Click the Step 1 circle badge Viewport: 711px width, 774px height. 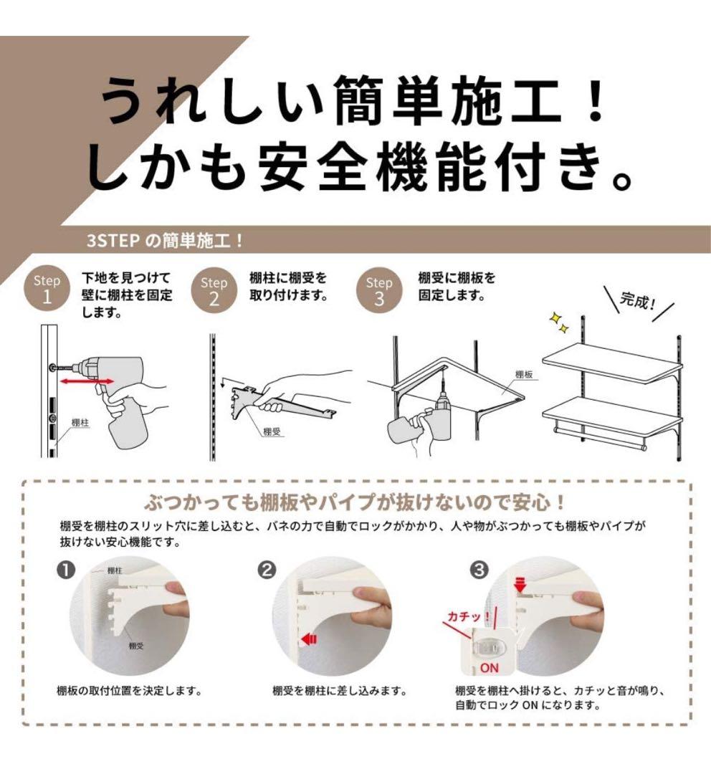coord(47,288)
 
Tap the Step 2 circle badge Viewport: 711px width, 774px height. coord(213,290)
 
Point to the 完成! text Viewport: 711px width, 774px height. coord(638,300)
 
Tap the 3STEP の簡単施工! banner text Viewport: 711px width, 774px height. coord(165,240)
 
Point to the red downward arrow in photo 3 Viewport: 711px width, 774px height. coord(520,586)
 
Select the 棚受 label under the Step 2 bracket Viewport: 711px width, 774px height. coord(272,431)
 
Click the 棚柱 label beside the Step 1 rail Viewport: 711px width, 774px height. coord(80,424)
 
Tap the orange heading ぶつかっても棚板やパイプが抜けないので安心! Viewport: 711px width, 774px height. coord(355,500)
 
